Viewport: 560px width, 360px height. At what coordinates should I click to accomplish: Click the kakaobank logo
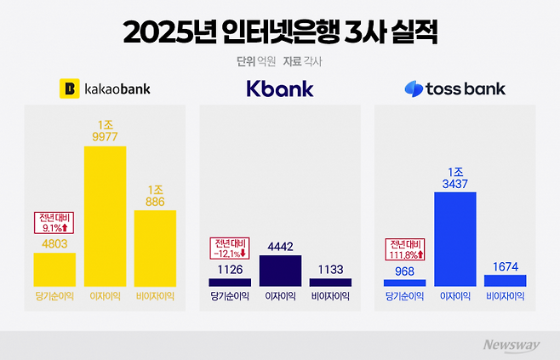click(104, 88)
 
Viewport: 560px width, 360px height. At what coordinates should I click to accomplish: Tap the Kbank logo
click(279, 88)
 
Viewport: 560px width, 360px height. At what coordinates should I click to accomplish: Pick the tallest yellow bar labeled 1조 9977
click(104, 216)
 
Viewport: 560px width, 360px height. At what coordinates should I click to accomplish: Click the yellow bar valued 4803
click(54, 269)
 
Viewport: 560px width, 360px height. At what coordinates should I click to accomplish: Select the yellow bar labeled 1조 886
click(155, 248)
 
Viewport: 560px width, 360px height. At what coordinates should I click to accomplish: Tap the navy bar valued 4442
click(279, 271)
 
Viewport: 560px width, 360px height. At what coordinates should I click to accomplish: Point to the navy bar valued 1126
click(230, 282)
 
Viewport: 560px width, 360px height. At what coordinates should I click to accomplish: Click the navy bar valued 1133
click(330, 282)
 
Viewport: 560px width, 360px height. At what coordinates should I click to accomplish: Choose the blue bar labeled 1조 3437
click(454, 239)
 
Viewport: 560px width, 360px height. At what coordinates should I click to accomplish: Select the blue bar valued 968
click(405, 283)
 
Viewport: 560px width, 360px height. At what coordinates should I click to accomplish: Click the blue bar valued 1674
click(506, 280)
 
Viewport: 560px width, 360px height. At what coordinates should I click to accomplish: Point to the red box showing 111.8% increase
click(405, 249)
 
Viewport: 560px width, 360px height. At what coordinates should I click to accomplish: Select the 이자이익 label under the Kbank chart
click(279, 297)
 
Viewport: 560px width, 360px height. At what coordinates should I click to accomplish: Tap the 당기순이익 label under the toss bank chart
click(405, 297)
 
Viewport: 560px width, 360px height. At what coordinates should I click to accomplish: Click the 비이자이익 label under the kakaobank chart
click(155, 297)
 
